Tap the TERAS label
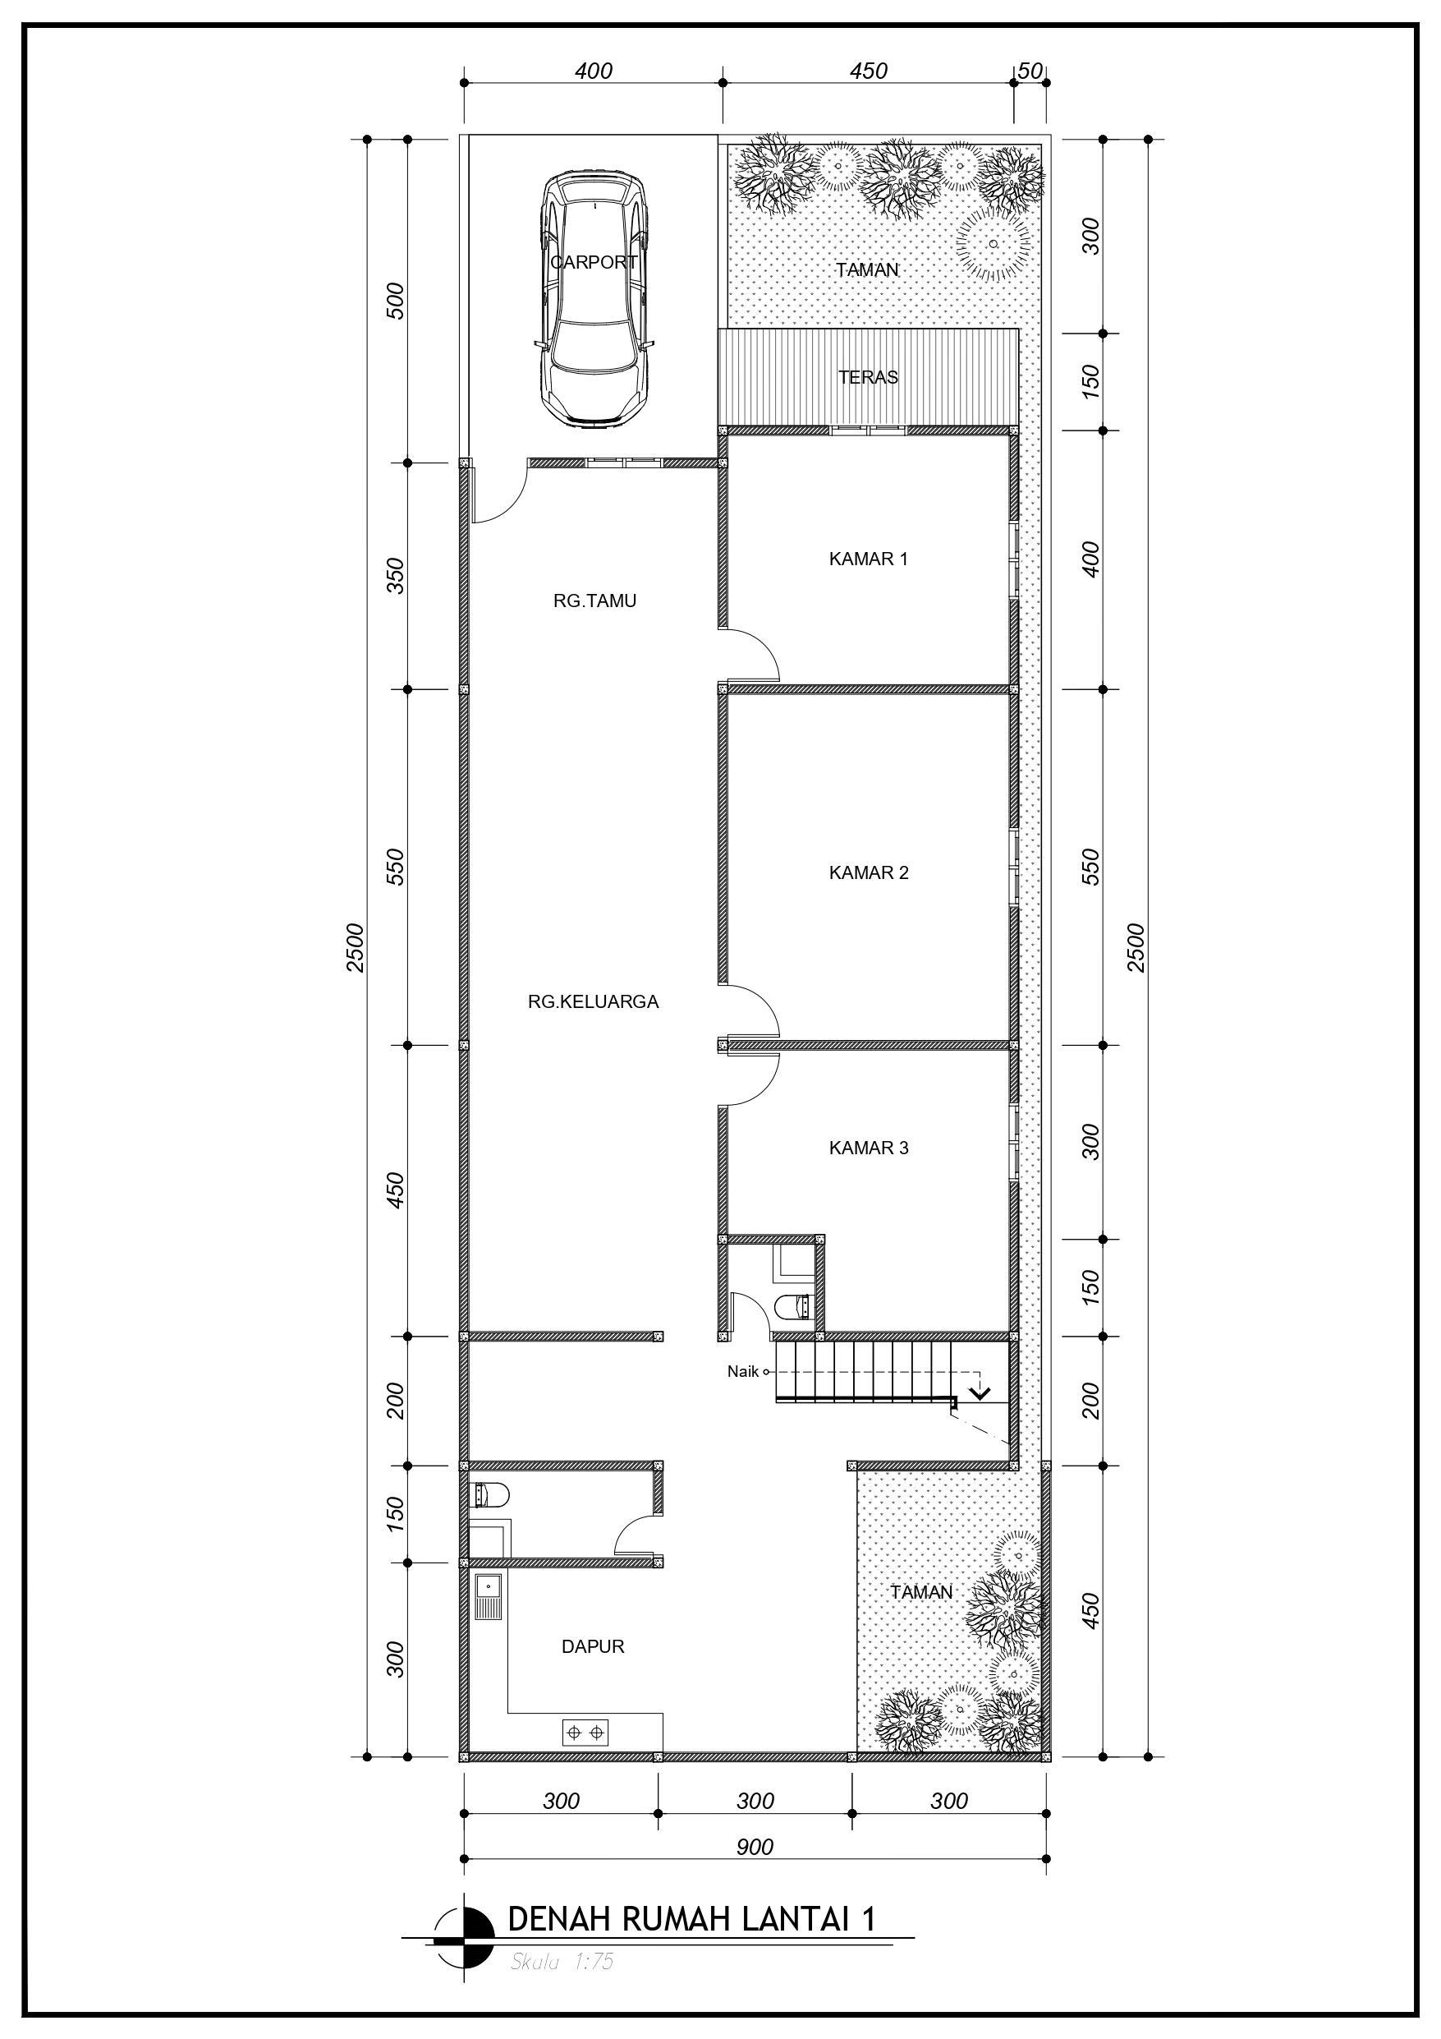coord(869,377)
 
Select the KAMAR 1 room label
coord(869,559)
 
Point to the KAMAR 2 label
coord(869,873)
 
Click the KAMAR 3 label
coord(869,1148)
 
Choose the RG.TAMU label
coord(594,601)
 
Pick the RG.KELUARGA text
coord(593,1002)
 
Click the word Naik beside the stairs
coord(743,1372)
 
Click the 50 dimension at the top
coord(1030,71)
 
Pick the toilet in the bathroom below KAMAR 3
coord(794,1307)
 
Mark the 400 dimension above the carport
coord(594,71)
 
